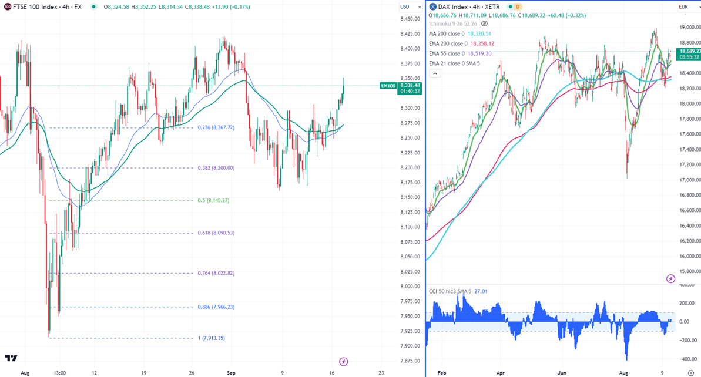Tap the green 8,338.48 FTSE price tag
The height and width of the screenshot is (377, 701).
click(409, 86)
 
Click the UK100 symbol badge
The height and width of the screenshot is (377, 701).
click(388, 86)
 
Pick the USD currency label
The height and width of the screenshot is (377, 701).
click(405, 6)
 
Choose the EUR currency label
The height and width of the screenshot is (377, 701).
click(683, 6)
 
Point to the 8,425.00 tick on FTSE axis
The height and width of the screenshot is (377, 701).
click(410, 34)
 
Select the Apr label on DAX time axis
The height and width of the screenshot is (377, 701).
click(500, 372)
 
